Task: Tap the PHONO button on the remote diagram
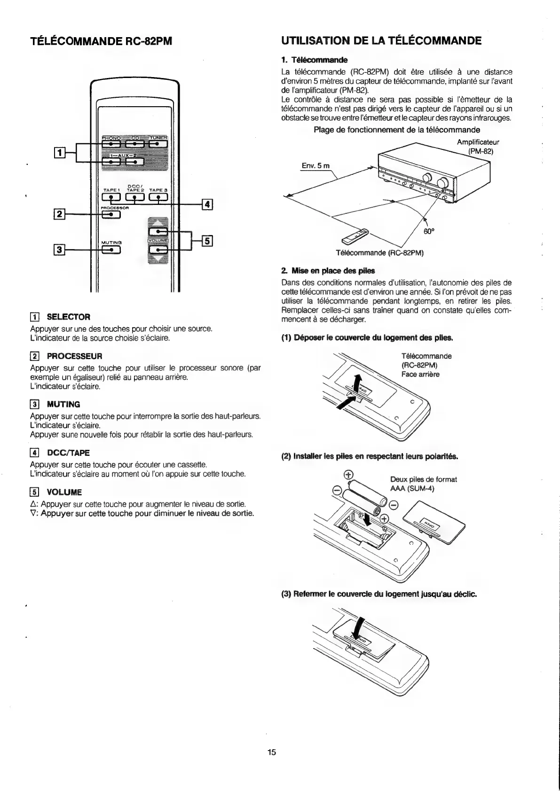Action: pos(110,144)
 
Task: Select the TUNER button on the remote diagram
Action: pos(158,144)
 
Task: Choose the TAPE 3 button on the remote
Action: pos(158,198)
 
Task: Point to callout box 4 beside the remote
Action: pos(207,204)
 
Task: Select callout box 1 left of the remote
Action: pos(59,152)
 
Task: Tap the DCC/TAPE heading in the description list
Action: pos(68,453)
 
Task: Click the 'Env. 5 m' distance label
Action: pos(315,165)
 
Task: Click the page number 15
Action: pos(272,752)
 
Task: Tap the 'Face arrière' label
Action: pos(420,374)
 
